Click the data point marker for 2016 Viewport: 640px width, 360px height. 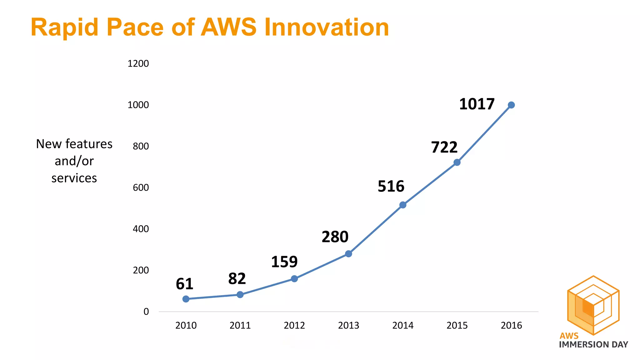point(511,105)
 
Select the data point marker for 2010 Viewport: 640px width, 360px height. point(186,299)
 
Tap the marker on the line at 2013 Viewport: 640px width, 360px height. point(348,254)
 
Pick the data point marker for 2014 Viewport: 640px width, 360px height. point(403,205)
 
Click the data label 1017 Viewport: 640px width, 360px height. point(477,104)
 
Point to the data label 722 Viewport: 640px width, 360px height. point(444,147)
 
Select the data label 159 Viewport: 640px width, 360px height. point(284,262)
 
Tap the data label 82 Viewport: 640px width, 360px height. point(237,279)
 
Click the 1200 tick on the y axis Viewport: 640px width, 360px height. point(138,64)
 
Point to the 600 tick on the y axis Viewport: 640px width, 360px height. point(141,187)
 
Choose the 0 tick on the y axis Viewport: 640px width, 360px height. point(146,312)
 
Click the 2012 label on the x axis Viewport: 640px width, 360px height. point(294,326)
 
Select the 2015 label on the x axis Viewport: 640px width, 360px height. point(457,326)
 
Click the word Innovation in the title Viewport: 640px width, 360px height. point(327,27)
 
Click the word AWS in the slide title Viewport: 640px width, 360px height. point(228,27)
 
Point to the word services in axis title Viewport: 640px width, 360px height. point(74,178)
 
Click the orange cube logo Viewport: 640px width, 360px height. point(593,305)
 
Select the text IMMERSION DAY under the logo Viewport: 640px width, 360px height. point(593,345)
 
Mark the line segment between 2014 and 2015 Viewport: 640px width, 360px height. point(430,184)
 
